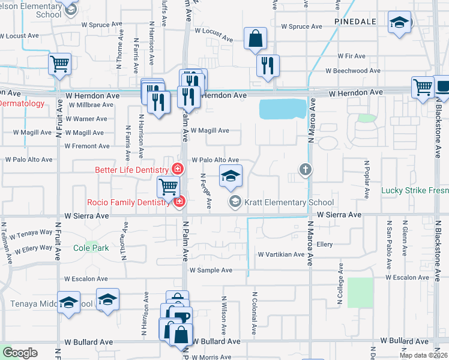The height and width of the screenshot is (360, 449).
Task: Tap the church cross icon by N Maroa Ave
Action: tap(306, 170)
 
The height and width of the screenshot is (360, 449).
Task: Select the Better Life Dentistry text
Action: tap(132, 170)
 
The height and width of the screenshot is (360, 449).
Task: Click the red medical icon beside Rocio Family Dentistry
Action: tap(178, 202)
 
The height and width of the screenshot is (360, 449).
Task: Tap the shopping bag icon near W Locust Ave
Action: tap(256, 39)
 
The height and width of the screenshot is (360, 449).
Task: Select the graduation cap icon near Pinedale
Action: tap(398, 24)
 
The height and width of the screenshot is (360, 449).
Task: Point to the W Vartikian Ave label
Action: tap(282, 254)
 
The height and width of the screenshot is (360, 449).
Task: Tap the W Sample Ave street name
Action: tap(211, 271)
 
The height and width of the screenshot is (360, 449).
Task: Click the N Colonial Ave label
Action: tap(255, 313)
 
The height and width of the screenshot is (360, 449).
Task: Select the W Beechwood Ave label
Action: tap(352, 71)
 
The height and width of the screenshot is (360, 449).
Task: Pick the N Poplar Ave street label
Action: tap(366, 179)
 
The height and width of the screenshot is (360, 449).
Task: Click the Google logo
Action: tap(20, 353)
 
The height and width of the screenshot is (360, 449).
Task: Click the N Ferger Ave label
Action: tap(206, 191)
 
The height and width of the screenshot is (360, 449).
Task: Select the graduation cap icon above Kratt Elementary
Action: tap(231, 176)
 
